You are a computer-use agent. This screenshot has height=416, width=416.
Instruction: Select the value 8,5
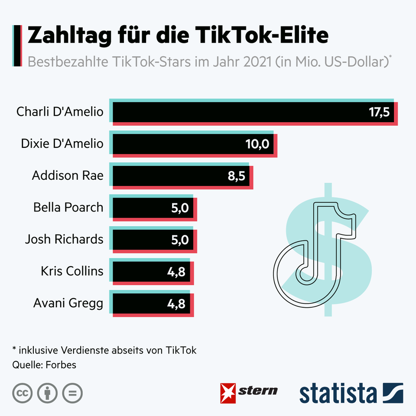237,176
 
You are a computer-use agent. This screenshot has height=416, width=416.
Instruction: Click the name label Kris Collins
72,271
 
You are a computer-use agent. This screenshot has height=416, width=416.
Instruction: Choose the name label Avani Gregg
68,303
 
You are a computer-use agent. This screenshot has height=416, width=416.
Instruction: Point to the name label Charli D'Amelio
60,112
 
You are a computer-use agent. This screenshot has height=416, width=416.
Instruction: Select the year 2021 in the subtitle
255,61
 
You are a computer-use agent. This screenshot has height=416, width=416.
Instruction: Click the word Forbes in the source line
60,365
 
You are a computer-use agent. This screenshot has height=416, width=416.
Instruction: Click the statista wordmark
338,393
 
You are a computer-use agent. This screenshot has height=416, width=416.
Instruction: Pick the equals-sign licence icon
72,393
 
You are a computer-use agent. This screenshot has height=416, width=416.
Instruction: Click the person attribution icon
48,393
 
